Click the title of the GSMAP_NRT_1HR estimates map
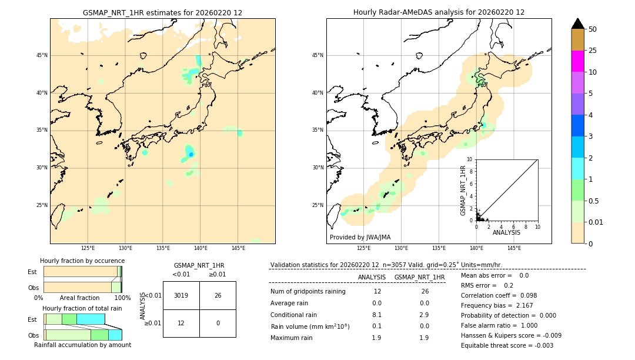click(x=162, y=12)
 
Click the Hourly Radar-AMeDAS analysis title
click(x=439, y=12)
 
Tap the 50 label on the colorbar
click(x=593, y=29)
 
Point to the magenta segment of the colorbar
click(x=578, y=61)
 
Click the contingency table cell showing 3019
click(x=181, y=295)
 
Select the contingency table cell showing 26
click(x=218, y=295)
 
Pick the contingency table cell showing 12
click(x=181, y=324)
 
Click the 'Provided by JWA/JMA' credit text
click(x=360, y=238)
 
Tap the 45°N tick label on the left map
click(x=42, y=55)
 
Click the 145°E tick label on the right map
click(x=514, y=248)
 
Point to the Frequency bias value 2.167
click(x=531, y=306)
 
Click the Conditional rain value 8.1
click(x=377, y=315)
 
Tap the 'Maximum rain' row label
click(x=291, y=338)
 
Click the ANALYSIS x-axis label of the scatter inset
click(x=506, y=232)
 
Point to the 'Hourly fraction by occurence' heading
click(x=82, y=261)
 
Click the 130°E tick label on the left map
click(x=125, y=248)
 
